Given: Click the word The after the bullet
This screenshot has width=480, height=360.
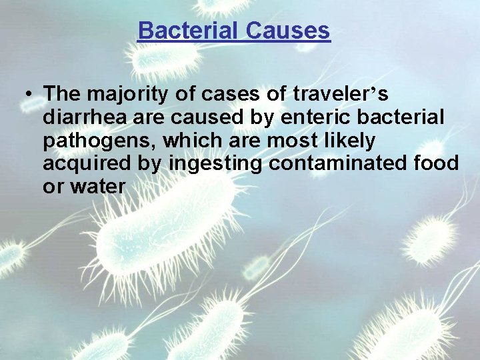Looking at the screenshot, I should click(63, 94).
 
